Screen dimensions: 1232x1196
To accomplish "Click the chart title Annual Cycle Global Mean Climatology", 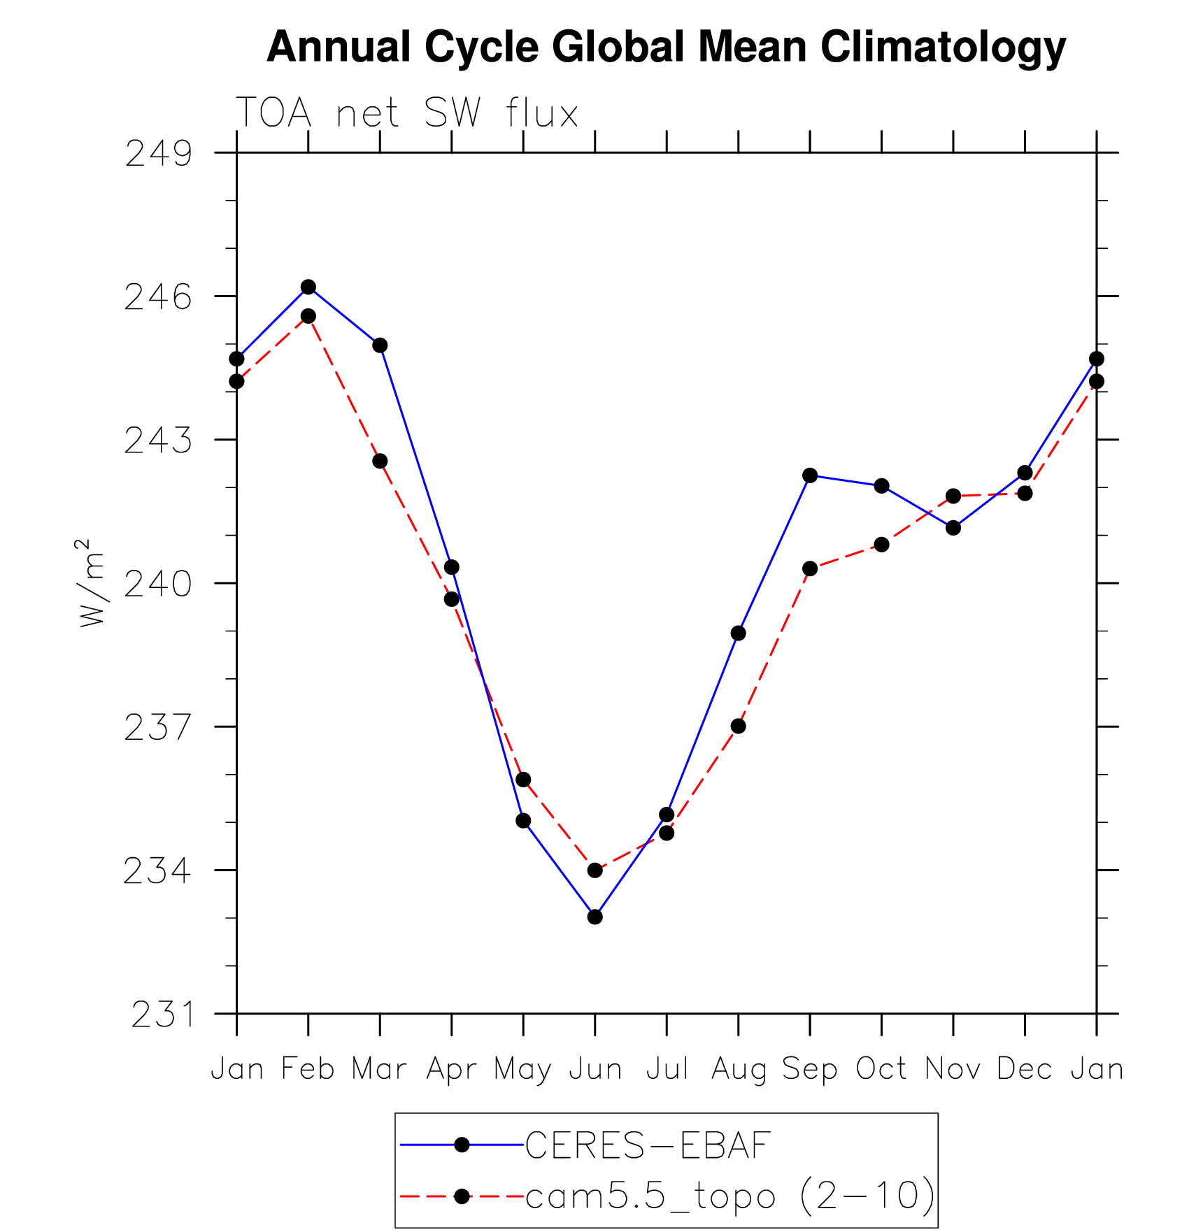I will tap(666, 48).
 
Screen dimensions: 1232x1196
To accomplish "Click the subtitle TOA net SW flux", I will tap(407, 113).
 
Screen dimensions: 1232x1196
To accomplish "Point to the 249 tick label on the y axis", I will tap(158, 154).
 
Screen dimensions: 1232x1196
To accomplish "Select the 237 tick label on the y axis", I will tap(157, 728).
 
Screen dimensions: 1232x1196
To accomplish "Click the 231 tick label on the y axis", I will tap(162, 1015).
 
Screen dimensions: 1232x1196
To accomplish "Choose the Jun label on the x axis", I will tap(595, 1069).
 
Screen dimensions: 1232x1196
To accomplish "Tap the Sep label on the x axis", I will tap(809, 1069).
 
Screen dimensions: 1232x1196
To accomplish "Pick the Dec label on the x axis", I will tap(1025, 1069).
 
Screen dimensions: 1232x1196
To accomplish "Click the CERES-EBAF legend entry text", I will tap(648, 1146).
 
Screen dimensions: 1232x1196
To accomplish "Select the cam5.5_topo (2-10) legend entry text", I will tap(729, 1196).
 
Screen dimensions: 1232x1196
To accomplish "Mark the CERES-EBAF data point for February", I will tap(308, 287).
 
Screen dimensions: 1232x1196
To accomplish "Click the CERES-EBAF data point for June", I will tap(595, 917).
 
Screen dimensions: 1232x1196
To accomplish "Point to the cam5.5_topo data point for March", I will tap(380, 461).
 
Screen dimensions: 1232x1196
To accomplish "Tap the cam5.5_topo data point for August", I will tap(738, 726).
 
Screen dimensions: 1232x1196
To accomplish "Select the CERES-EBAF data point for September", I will tap(810, 475).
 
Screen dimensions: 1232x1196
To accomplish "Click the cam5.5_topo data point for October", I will tap(881, 544).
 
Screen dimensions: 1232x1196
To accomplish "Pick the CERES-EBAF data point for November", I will tap(953, 528).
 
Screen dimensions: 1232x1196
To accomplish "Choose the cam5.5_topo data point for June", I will tap(595, 870).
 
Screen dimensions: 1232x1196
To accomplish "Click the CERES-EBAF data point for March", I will tap(380, 345).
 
